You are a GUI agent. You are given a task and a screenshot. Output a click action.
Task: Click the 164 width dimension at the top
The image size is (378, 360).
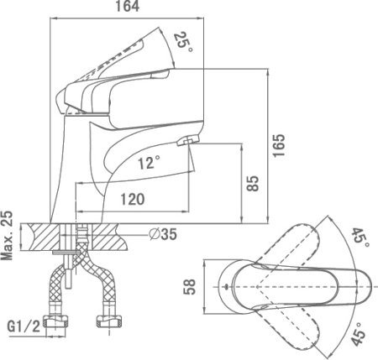click(128, 7)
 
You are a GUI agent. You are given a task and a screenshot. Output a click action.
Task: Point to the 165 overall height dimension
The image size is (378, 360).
click(279, 145)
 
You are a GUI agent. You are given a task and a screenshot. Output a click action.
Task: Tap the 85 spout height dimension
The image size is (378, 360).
click(253, 184)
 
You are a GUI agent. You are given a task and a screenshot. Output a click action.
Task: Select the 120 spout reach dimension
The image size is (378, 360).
click(133, 199)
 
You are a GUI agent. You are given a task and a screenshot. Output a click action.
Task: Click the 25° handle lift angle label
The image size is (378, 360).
click(182, 42)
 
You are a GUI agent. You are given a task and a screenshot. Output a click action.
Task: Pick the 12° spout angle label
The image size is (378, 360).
click(149, 163)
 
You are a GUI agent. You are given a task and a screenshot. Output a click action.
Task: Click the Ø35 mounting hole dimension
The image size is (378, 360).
click(163, 233)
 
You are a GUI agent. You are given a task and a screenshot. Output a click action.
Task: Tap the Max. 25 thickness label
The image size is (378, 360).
click(7, 235)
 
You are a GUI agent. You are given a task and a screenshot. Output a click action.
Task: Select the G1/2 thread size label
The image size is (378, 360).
click(24, 326)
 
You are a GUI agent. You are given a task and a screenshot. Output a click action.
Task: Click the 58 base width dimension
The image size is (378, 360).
click(190, 287)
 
